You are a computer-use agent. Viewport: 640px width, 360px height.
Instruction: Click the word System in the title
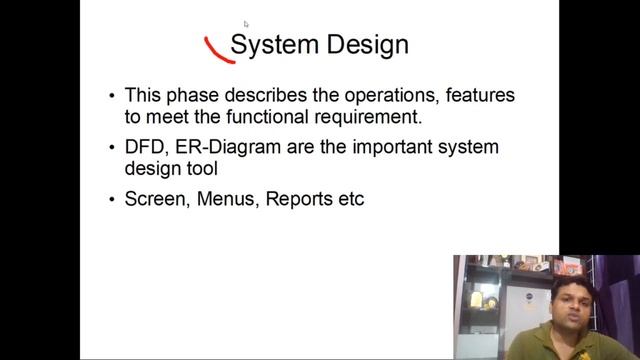(x=273, y=45)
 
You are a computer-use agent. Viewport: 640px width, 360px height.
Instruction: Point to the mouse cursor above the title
(x=245, y=23)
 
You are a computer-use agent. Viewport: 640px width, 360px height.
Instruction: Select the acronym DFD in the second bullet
(x=144, y=148)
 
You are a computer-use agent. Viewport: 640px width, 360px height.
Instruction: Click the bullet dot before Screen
(x=112, y=201)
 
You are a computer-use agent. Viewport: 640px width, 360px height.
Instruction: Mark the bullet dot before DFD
(x=112, y=149)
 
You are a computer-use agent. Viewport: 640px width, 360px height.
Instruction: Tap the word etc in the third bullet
(x=351, y=200)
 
